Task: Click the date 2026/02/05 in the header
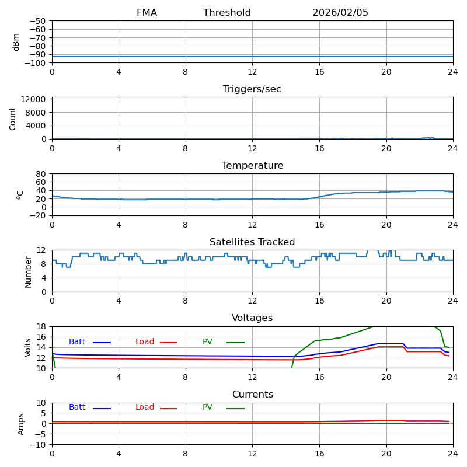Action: pos(340,13)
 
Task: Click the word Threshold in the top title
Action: pos(227,13)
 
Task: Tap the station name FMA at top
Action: pos(147,13)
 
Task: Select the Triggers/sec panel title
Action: pos(252,89)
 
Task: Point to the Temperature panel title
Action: pos(252,166)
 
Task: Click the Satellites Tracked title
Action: pos(252,242)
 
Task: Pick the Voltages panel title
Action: pos(252,318)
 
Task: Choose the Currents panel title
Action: pos(252,395)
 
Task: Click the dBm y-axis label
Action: pos(16,42)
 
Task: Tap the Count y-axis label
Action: pos(13,119)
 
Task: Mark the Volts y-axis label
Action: pos(28,347)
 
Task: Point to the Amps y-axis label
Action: pos(21,424)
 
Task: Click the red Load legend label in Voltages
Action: pos(145,342)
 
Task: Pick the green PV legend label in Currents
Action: pos(208,407)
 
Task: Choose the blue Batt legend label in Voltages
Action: pos(77,342)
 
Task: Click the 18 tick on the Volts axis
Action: pos(42,326)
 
